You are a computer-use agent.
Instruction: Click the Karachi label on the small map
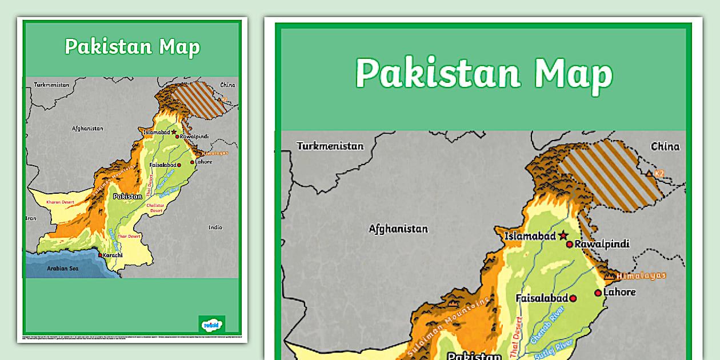[x=113, y=255]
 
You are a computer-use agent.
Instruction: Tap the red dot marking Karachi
[x=101, y=255]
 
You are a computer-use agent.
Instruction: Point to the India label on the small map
[x=215, y=227]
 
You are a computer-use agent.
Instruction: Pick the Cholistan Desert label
[x=155, y=207]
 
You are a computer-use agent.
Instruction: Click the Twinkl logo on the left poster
[x=211, y=324]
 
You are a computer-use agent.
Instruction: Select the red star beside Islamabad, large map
[x=563, y=235]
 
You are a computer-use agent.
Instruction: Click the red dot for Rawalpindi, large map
[x=569, y=244]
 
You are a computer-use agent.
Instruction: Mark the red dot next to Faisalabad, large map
[x=573, y=298]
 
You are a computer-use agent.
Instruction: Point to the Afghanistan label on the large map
[x=398, y=229]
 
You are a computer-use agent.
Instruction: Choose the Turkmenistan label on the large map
[x=330, y=146]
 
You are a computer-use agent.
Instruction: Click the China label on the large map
[x=665, y=146]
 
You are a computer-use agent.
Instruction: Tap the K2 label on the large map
[x=659, y=173]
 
